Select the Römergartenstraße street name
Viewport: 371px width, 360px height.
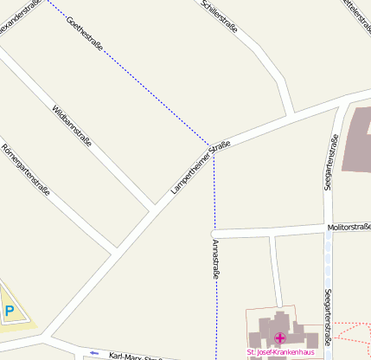[x=25, y=170]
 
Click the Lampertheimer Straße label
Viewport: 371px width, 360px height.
[x=201, y=166]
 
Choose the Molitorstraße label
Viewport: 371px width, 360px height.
[x=348, y=227]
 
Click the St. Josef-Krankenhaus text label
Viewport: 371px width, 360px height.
[x=279, y=352]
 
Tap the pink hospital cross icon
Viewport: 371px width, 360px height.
[x=279, y=337]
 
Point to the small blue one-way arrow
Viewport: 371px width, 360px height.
[x=93, y=353]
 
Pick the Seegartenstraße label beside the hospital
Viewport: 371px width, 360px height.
[x=328, y=317]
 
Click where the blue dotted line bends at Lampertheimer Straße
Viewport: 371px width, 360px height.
[x=213, y=144]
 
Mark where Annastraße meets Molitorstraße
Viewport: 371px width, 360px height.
[x=215, y=234]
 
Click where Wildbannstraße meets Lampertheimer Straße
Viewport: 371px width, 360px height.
[x=155, y=209]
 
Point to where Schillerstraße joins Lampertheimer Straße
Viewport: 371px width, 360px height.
[x=291, y=115]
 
